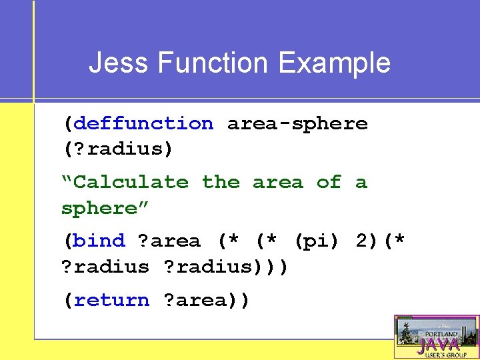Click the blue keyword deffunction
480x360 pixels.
click(x=143, y=123)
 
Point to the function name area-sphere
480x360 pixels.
click(x=297, y=123)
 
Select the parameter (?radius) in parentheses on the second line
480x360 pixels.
click(x=118, y=149)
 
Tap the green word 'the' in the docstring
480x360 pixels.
click(x=221, y=182)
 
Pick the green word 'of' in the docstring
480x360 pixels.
click(x=329, y=182)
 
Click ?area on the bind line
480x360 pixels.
click(x=169, y=240)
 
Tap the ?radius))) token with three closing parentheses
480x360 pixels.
click(x=227, y=266)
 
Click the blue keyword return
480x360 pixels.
click(x=112, y=300)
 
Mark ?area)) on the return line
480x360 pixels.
click(x=207, y=300)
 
